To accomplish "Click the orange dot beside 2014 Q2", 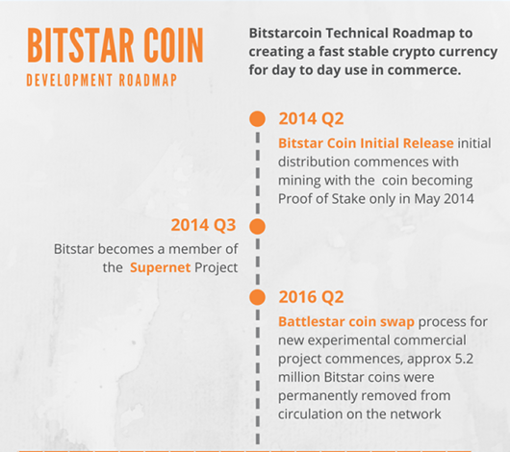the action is [257, 118].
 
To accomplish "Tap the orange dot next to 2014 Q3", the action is [257, 226].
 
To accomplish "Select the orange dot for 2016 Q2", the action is [257, 297].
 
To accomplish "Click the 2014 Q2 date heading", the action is [311, 118].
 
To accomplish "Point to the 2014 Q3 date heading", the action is [203, 225].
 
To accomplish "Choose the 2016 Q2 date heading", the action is [311, 297].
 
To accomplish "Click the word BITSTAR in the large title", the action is [80, 45].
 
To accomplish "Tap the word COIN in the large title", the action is [174, 45].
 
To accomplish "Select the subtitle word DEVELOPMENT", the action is [69, 81].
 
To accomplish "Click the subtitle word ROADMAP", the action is [148, 81].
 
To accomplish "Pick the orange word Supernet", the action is [160, 268].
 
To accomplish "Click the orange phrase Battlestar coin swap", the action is [346, 321].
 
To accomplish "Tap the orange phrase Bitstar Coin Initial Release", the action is [366, 143].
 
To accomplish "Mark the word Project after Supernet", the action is [216, 268].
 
